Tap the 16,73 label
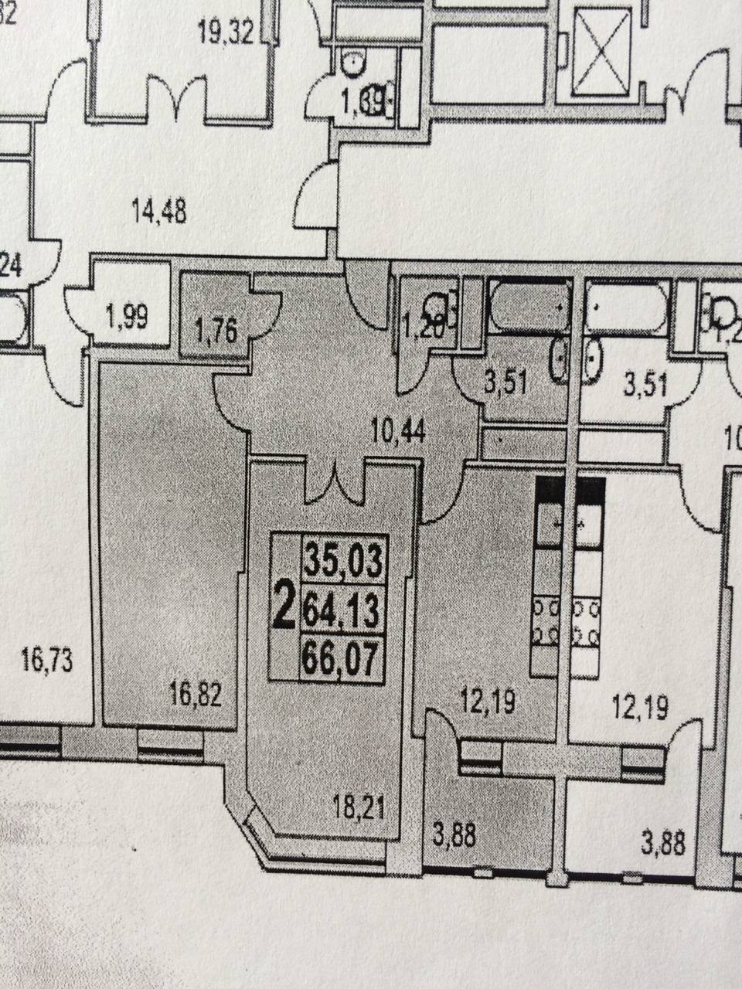(x=48, y=661)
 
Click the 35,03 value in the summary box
(x=343, y=559)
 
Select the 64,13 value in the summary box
(x=343, y=611)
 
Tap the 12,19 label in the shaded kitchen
(x=487, y=704)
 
